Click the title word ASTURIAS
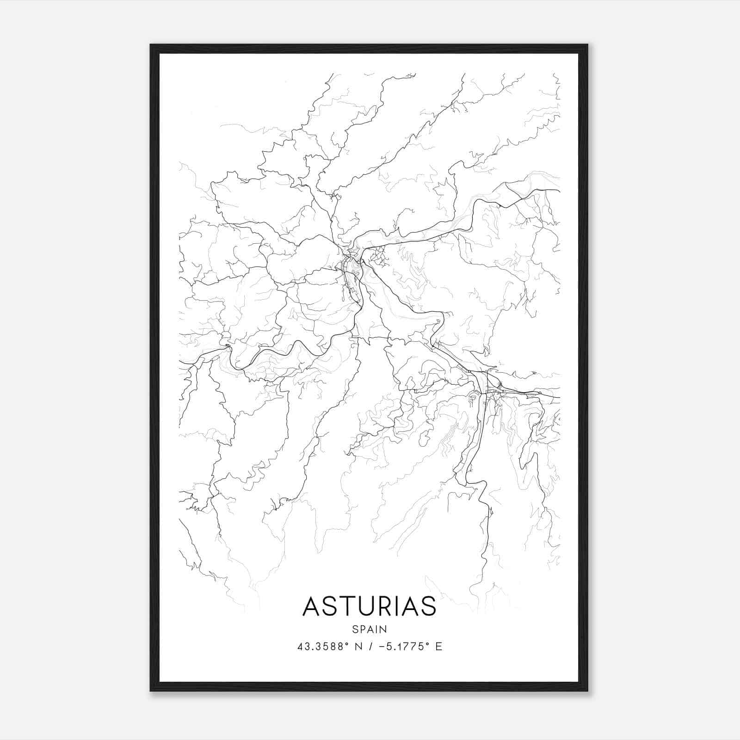tap(369, 606)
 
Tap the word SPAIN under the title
tap(370, 629)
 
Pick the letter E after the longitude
tap(438, 646)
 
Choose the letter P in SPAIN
tap(362, 629)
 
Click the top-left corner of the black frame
tap(151, 45)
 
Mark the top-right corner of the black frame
tap(587, 45)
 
